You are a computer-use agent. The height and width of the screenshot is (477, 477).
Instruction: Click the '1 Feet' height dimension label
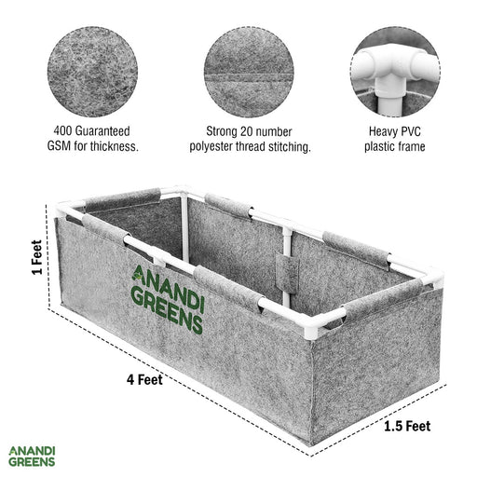pyautogui.click(x=36, y=257)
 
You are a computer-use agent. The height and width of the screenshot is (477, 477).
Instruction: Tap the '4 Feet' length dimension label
pyautogui.click(x=144, y=379)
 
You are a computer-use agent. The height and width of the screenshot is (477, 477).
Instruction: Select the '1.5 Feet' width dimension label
pyautogui.click(x=407, y=426)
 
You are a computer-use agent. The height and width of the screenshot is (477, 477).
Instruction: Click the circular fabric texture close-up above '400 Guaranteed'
pyautogui.click(x=92, y=72)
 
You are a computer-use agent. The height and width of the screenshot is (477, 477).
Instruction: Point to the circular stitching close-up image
pyautogui.click(x=249, y=72)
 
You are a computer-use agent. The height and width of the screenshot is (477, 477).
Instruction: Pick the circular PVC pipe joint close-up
pyautogui.click(x=395, y=72)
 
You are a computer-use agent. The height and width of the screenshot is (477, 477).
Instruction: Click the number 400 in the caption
pyautogui.click(x=63, y=131)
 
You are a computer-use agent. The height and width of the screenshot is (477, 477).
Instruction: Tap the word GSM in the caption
pyautogui.click(x=59, y=146)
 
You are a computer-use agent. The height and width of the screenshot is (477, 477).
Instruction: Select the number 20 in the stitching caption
pyautogui.click(x=246, y=131)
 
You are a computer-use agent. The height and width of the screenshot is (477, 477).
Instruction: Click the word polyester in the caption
pyautogui.click(x=211, y=146)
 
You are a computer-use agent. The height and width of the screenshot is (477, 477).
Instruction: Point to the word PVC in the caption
pyautogui.click(x=411, y=131)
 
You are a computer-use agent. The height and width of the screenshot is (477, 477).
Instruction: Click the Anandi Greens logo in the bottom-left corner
pyautogui.click(x=32, y=457)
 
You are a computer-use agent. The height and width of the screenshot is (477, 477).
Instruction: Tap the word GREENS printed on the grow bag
pyautogui.click(x=167, y=309)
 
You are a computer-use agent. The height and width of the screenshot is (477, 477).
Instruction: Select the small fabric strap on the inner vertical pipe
pyautogui.click(x=287, y=271)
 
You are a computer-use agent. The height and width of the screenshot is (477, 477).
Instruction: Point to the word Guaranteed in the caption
pyautogui.click(x=102, y=131)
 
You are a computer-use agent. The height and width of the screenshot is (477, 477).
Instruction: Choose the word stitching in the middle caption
pyautogui.click(x=290, y=147)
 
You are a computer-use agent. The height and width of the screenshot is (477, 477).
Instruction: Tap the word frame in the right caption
pyautogui.click(x=411, y=146)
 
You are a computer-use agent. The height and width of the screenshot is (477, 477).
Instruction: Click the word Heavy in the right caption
pyautogui.click(x=383, y=131)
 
